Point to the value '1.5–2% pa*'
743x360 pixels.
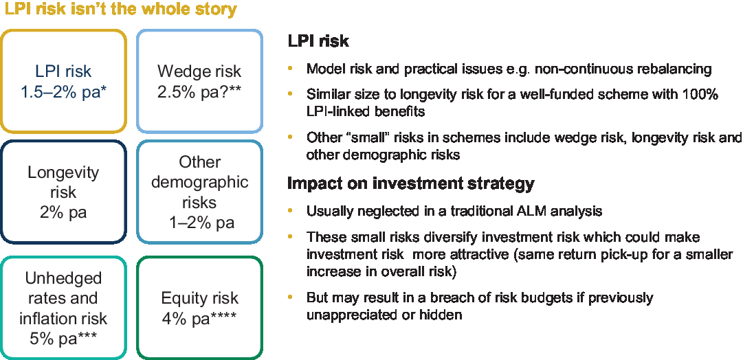point(63,91)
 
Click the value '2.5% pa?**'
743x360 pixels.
point(199,91)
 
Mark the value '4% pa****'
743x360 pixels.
point(199,318)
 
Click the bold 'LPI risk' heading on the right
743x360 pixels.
point(318,41)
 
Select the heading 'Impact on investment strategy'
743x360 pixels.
point(411,184)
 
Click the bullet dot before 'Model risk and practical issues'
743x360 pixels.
point(290,69)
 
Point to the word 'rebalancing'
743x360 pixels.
point(669,69)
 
